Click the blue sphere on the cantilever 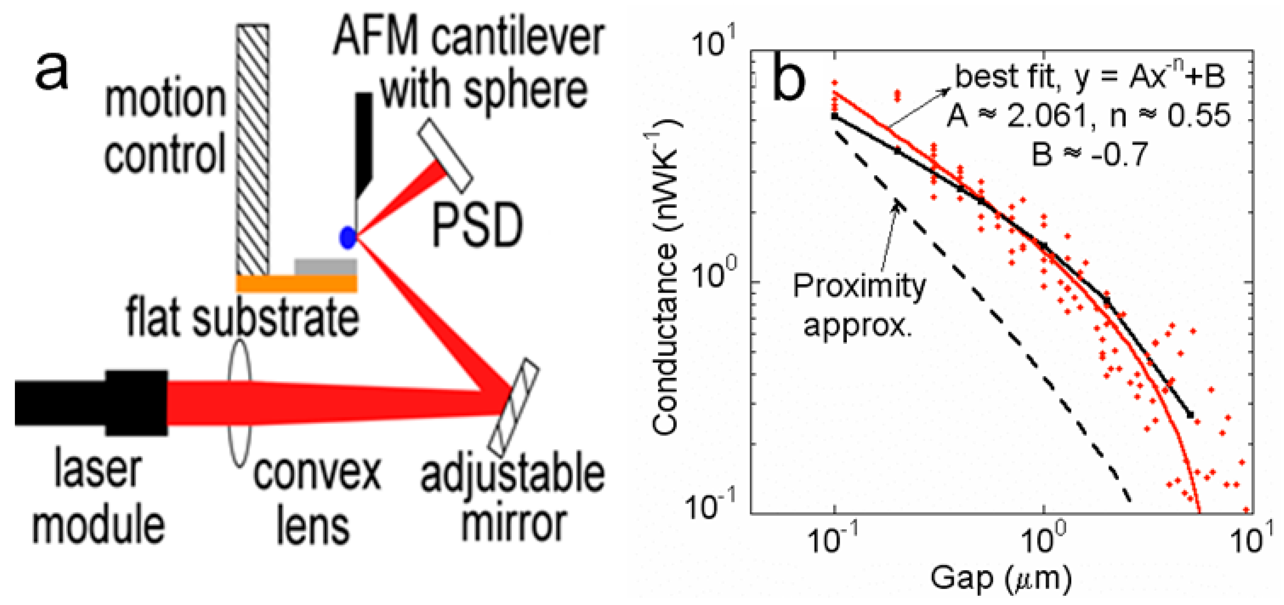click(347, 237)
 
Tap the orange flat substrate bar click(296, 283)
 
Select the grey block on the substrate click(326, 267)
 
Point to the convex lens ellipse click(239, 403)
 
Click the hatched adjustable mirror click(513, 407)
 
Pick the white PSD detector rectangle click(445, 155)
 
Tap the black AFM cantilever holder click(364, 142)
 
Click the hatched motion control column click(253, 149)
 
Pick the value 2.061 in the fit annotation click(1046, 116)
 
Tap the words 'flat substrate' click(242, 317)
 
